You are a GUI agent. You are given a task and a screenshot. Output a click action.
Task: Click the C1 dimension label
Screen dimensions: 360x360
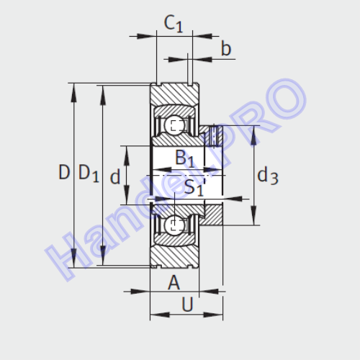click(x=174, y=24)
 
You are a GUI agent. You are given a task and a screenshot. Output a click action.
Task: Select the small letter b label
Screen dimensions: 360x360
click(x=226, y=48)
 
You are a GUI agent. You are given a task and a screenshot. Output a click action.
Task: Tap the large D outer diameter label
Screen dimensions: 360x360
click(x=64, y=172)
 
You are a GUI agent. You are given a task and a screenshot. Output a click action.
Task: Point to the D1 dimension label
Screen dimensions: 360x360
click(x=89, y=173)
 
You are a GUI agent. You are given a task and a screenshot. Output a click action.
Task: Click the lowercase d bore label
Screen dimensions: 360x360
click(x=115, y=176)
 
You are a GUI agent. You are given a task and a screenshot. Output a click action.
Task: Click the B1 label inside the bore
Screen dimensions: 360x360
click(x=184, y=158)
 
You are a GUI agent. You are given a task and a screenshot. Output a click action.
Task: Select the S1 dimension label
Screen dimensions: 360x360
click(x=194, y=187)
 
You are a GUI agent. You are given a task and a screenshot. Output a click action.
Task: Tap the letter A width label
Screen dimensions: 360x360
click(x=174, y=283)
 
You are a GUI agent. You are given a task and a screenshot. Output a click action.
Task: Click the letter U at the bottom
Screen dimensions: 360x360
click(x=187, y=305)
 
